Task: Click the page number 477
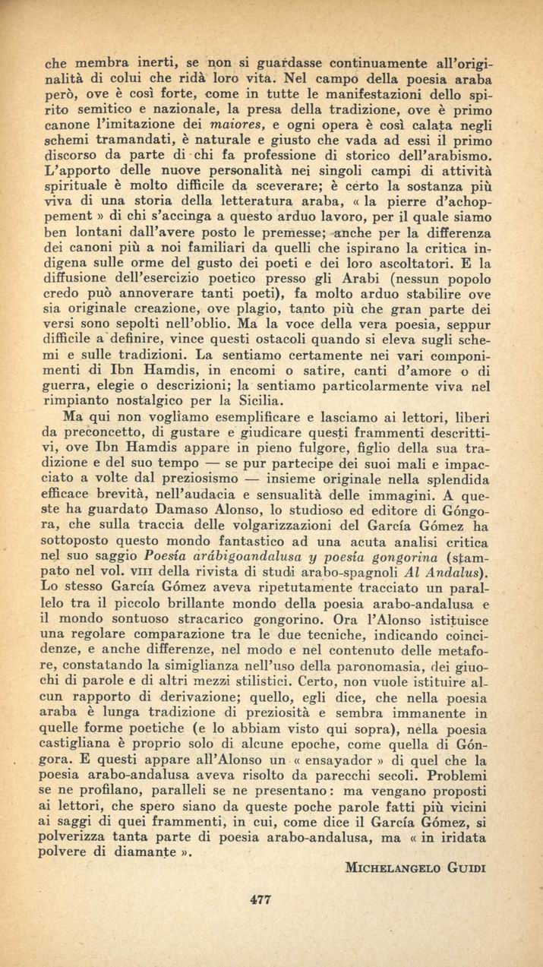point(260,899)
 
